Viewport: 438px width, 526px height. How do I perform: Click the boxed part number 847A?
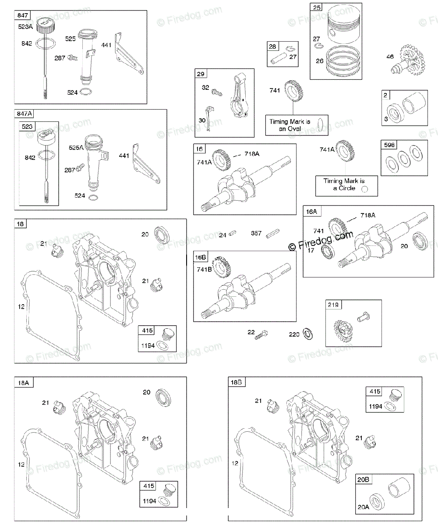tap(25, 114)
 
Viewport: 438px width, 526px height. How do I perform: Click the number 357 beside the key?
tap(256, 235)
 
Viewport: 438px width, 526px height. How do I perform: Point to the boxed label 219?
tap(333, 305)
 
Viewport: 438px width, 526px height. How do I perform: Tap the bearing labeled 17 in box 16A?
tap(326, 251)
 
